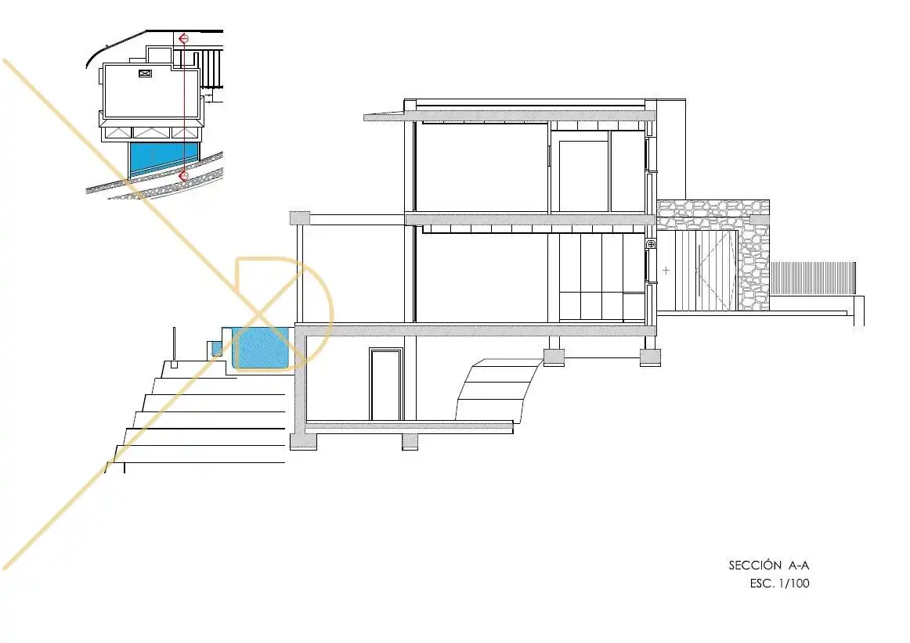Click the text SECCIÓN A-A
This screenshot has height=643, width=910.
[768, 565]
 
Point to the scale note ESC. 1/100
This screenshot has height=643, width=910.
[779, 584]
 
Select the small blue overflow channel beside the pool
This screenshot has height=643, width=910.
[216, 348]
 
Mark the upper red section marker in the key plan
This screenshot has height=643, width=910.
[183, 39]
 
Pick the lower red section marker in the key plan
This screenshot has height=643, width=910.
[184, 176]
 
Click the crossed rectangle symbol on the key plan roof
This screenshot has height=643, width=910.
[145, 73]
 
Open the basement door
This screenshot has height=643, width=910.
[387, 384]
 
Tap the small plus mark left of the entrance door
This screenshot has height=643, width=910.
[666, 270]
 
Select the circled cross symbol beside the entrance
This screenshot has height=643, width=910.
[651, 246]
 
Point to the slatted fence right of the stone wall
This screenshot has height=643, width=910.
[813, 279]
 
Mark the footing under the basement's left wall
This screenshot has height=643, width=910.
[304, 442]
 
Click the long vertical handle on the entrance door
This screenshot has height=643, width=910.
[699, 271]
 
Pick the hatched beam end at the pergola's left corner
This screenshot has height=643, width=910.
[300, 218]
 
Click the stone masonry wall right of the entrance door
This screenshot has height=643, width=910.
[753, 255]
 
